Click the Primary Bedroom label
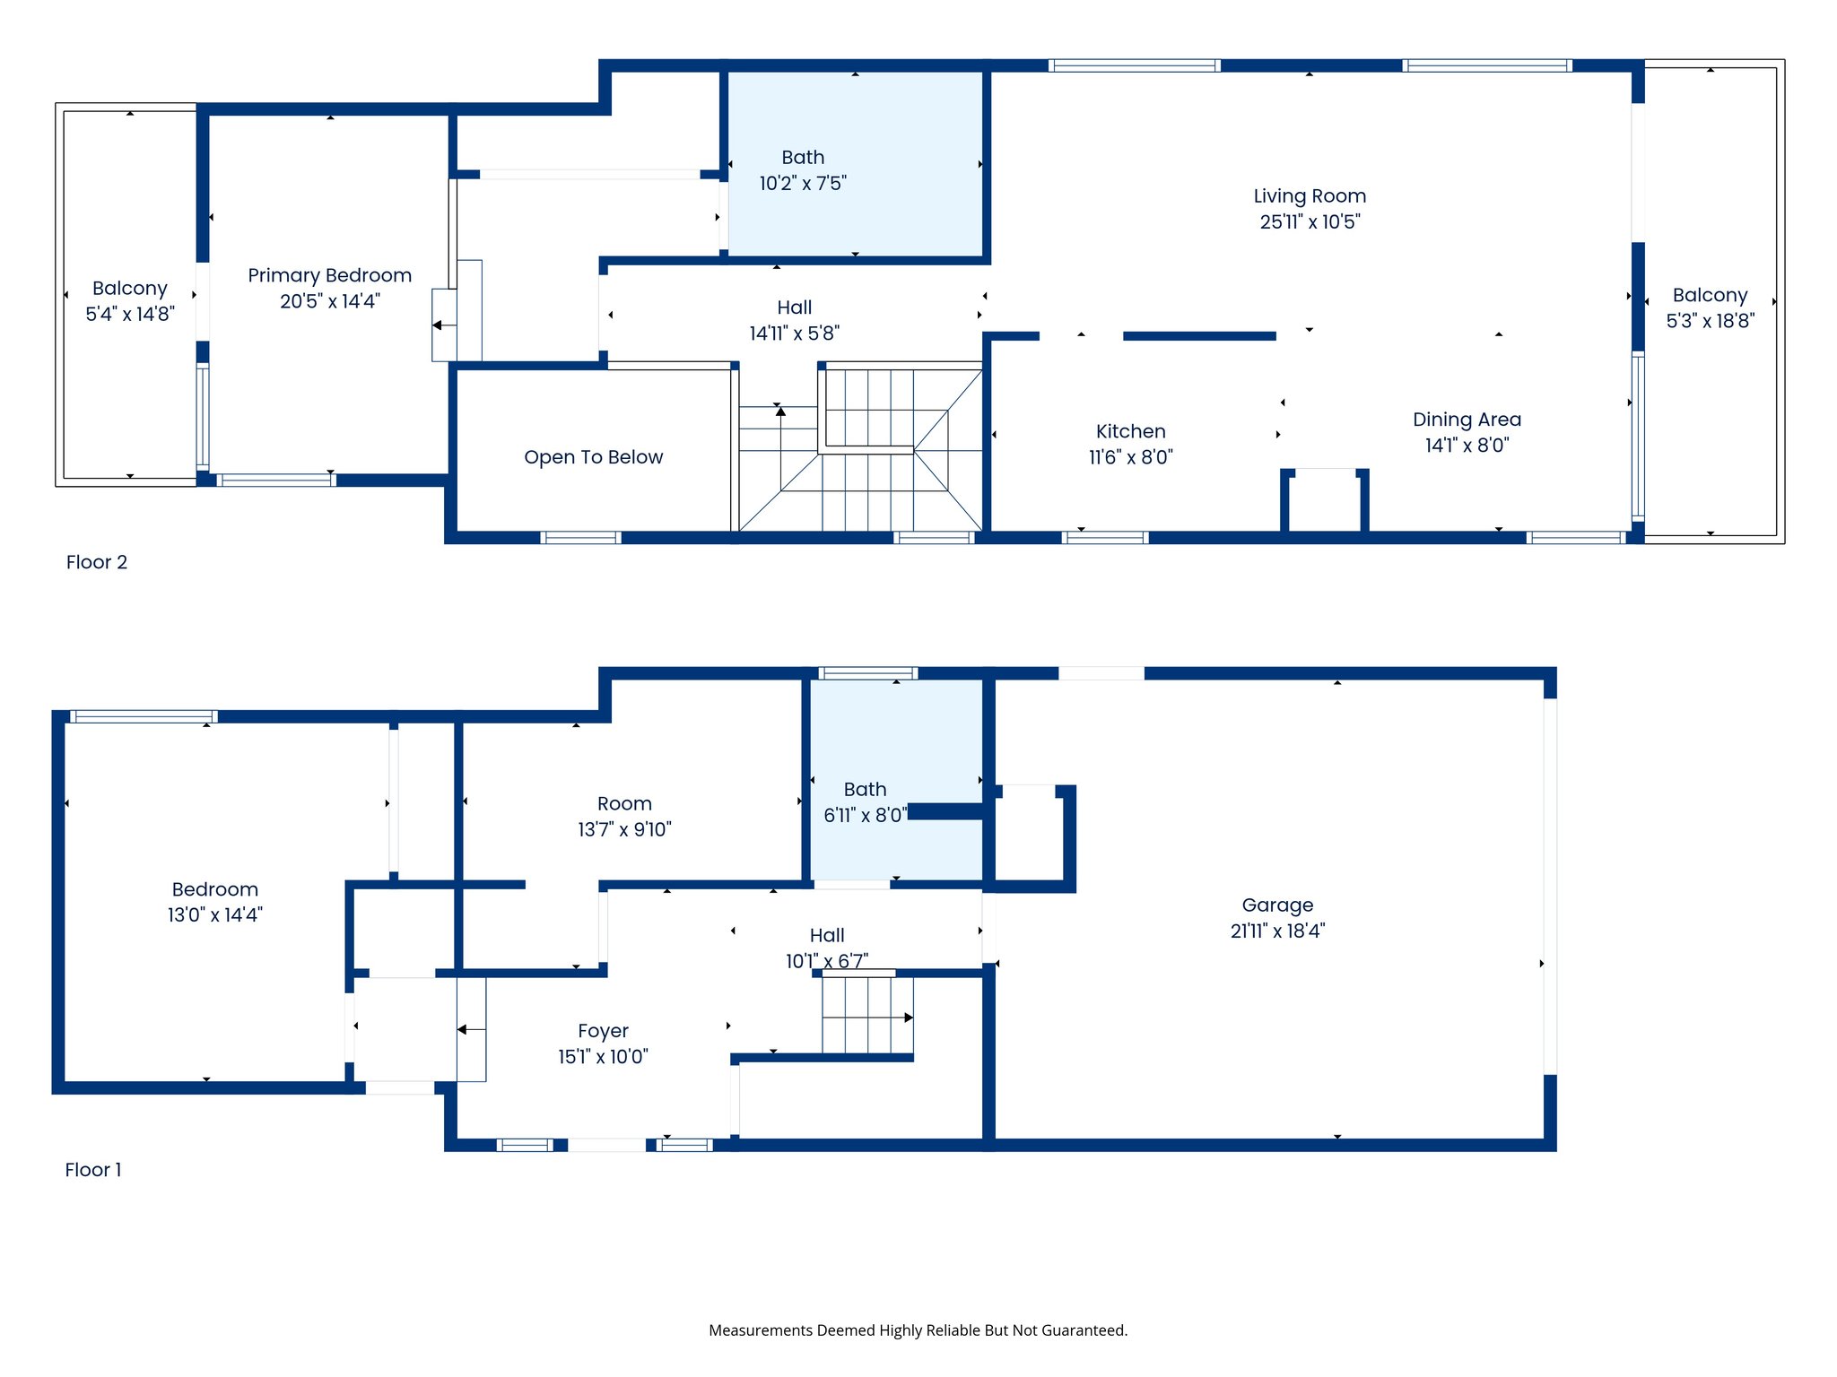pyautogui.click(x=330, y=275)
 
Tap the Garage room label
pyautogui.click(x=1277, y=905)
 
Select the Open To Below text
pyautogui.click(x=594, y=457)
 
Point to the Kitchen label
pyautogui.click(x=1131, y=431)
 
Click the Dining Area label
pyautogui.click(x=1467, y=420)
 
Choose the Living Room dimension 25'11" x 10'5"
pyautogui.click(x=1310, y=221)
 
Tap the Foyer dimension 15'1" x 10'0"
pyautogui.click(x=603, y=1057)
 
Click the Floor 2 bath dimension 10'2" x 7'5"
pyautogui.click(x=803, y=184)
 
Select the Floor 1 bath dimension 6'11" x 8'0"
pyautogui.click(x=866, y=815)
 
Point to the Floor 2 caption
pyautogui.click(x=97, y=562)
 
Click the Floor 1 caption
pyautogui.click(x=93, y=1170)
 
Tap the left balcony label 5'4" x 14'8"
pyautogui.click(x=130, y=314)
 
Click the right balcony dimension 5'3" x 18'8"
pyautogui.click(x=1711, y=321)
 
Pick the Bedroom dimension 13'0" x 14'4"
pyautogui.click(x=215, y=915)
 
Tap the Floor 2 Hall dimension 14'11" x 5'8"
pyautogui.click(x=795, y=333)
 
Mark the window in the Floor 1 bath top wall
pyautogui.click(x=868, y=673)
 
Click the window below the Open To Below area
pyautogui.click(x=581, y=538)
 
